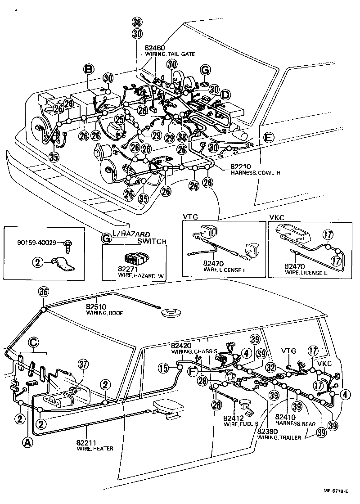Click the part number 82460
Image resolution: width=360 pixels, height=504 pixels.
pyautogui.click(x=155, y=47)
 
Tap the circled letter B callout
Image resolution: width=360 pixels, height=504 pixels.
pyautogui.click(x=89, y=69)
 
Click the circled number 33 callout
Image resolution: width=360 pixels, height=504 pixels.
pyautogui.click(x=182, y=136)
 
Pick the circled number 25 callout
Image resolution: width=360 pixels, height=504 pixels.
pyautogui.click(x=119, y=119)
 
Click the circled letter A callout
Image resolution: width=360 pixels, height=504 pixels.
pyautogui.click(x=27, y=443)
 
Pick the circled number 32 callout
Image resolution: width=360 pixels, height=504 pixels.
pyautogui.click(x=270, y=367)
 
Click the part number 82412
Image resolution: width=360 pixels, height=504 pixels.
pyautogui.click(x=232, y=418)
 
